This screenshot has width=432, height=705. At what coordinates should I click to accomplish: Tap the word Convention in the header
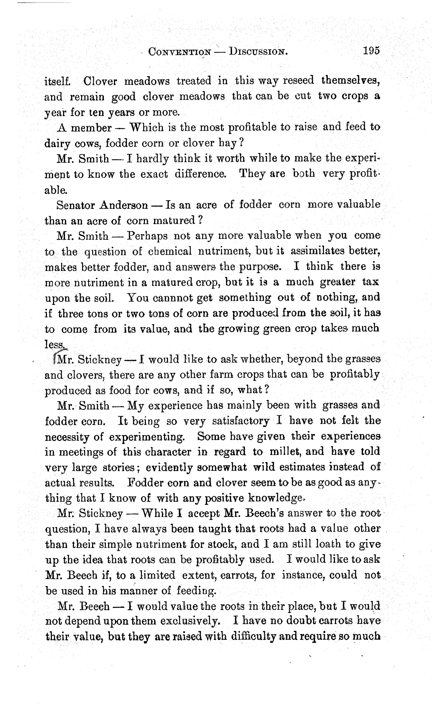click(x=180, y=52)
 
